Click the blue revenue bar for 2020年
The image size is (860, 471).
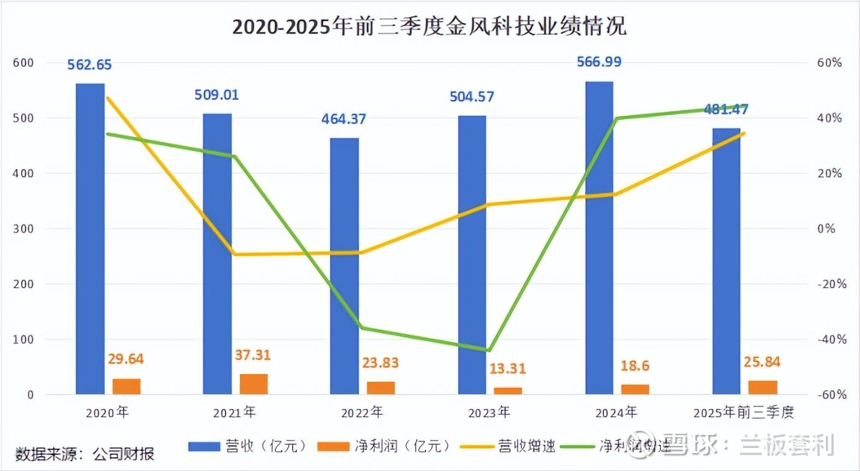click(x=90, y=239)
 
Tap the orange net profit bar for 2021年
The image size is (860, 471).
click(x=254, y=384)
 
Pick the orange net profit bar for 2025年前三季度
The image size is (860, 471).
click(x=763, y=387)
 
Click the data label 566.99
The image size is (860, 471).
click(x=599, y=62)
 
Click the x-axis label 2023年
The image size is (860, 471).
click(x=489, y=412)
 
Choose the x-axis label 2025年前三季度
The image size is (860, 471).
click(x=743, y=412)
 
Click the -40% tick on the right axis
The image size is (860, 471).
click(x=830, y=339)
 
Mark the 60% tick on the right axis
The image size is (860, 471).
click(x=830, y=63)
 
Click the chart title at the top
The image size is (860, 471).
click(x=429, y=27)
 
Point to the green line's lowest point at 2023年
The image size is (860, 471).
click(x=489, y=350)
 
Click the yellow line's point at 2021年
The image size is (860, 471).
click(x=234, y=254)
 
